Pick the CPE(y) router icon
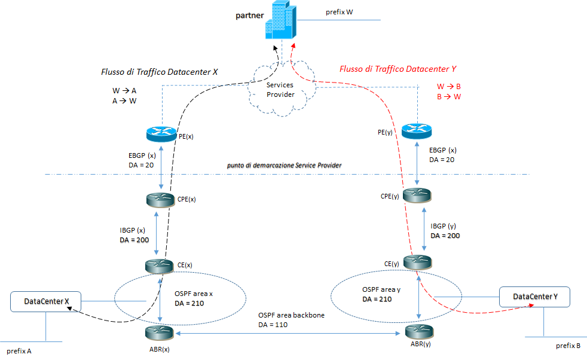click(417, 195)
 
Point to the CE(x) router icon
click(158, 266)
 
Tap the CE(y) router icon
click(417, 262)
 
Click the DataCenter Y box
click(534, 297)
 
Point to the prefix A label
click(19, 351)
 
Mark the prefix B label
click(568, 346)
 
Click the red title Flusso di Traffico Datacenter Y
click(398, 69)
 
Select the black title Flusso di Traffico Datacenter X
click(160, 72)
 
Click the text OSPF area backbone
click(291, 315)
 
